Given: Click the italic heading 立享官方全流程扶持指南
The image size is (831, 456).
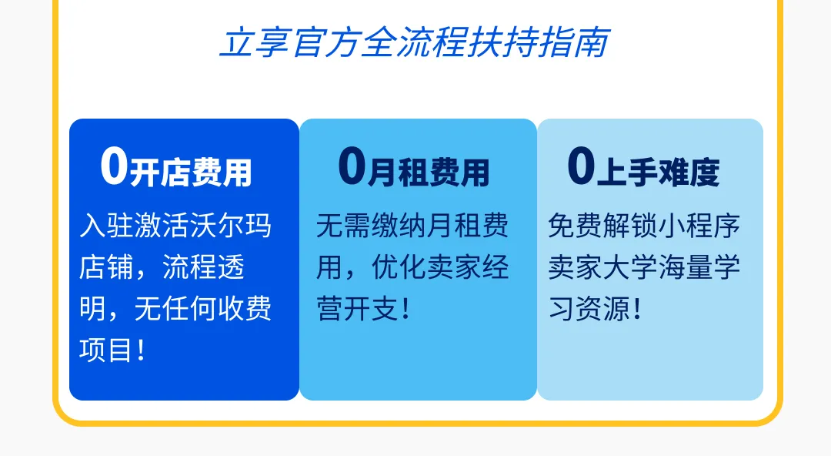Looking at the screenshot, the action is (x=415, y=42).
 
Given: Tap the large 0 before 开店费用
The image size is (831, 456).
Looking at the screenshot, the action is (x=115, y=166).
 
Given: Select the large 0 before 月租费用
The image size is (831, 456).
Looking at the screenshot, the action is (x=352, y=166).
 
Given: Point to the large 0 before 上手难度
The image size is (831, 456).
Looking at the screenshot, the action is (x=582, y=166).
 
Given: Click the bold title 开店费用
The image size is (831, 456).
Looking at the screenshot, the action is (x=191, y=172).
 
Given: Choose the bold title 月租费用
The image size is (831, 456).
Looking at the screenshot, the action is (x=429, y=172).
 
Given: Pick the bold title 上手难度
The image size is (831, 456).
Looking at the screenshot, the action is (x=658, y=172).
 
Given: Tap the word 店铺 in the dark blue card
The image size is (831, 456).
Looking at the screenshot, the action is (x=106, y=267).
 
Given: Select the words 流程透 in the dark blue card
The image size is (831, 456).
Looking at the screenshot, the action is (x=203, y=267).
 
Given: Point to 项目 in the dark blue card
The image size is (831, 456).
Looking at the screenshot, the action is (x=106, y=350).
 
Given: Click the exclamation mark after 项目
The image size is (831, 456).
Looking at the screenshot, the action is (x=141, y=350).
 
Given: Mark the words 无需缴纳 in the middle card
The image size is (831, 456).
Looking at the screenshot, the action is (x=371, y=225).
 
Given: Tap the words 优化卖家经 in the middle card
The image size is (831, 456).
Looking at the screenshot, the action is (x=440, y=267).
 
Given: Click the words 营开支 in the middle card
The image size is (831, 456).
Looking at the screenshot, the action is (x=357, y=308).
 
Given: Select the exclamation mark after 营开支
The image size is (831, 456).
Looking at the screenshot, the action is (x=406, y=308).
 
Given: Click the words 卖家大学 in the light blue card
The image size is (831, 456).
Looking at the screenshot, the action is (x=602, y=267).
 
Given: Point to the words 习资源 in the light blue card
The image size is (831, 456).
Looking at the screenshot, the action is (x=589, y=308).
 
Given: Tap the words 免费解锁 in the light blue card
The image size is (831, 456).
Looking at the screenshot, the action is (x=602, y=225).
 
